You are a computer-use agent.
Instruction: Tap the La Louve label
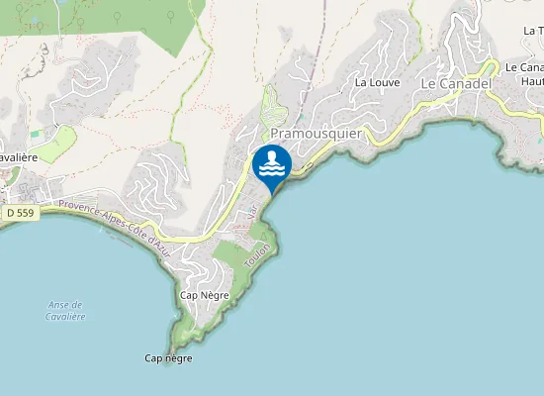(x=377, y=82)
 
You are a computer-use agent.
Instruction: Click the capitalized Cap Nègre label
(x=205, y=295)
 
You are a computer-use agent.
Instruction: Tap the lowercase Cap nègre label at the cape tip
(x=168, y=358)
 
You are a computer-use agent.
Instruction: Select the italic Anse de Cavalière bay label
(x=66, y=311)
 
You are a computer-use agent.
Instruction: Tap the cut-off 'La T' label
(x=532, y=32)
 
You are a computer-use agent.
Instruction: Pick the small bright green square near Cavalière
(x=37, y=133)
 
